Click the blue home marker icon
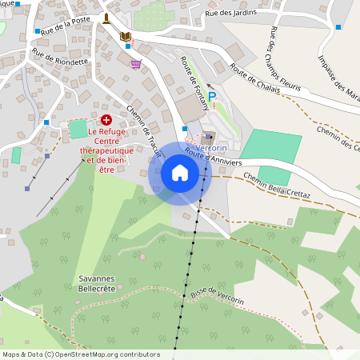point(179,173)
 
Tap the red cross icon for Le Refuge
point(106,118)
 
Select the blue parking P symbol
point(212,97)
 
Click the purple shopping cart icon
point(136,64)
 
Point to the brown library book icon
point(125,37)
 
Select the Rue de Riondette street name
point(60,61)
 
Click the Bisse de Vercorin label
point(218,291)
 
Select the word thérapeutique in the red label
point(107,150)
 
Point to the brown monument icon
point(106,18)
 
